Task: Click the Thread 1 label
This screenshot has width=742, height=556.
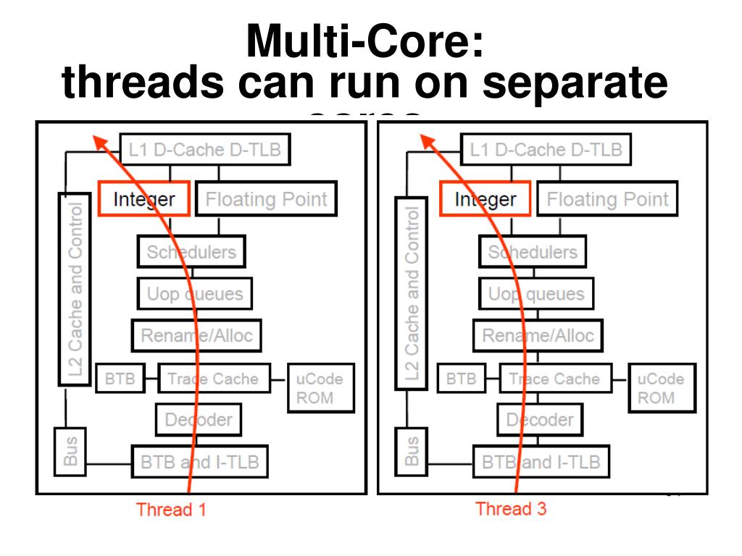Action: pyautogui.click(x=171, y=510)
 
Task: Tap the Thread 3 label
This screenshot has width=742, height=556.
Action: pyautogui.click(x=511, y=509)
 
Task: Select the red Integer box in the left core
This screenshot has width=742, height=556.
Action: pyautogui.click(x=143, y=199)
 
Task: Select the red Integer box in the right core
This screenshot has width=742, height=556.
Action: pyautogui.click(x=485, y=199)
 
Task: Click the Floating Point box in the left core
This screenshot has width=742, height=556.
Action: pyautogui.click(x=267, y=199)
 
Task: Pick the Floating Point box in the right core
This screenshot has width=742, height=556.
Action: pyautogui.click(x=607, y=199)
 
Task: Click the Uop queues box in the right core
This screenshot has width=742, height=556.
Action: pyautogui.click(x=536, y=294)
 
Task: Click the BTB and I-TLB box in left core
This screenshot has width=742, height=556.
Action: pyautogui.click(x=199, y=461)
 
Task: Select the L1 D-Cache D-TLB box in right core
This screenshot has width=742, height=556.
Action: pyautogui.click(x=546, y=150)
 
